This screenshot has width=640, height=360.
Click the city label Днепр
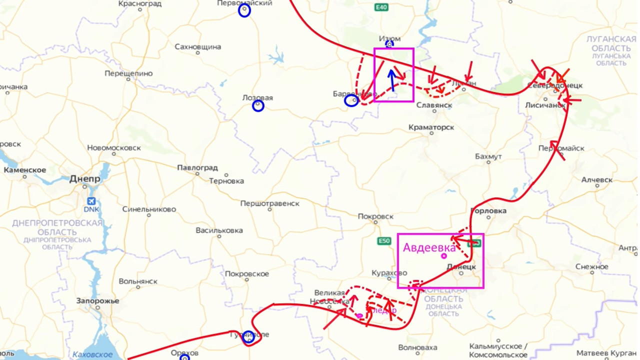[x=84, y=179]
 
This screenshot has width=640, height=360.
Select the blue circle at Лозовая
[x=258, y=105]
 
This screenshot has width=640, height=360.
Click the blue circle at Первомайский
[x=244, y=11]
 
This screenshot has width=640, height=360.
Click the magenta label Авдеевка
[x=429, y=247]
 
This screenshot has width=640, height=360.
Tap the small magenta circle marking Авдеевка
[x=444, y=256]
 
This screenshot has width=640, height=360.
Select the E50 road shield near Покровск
[x=383, y=241]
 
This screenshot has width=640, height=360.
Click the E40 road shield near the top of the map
[x=381, y=7]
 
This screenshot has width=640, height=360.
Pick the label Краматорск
[x=431, y=127]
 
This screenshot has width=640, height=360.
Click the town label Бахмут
[x=488, y=156]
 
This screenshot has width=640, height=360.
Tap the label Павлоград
[x=197, y=168]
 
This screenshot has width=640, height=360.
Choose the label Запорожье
[x=97, y=301]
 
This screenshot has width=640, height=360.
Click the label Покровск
[x=375, y=216]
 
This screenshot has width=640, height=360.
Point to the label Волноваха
[x=417, y=347]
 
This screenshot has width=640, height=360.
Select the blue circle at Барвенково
[x=351, y=101]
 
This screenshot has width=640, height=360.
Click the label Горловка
[x=489, y=211]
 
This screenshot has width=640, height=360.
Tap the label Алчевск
[x=597, y=180]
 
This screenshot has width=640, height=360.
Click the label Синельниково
[x=149, y=209]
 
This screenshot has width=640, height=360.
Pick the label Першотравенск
[x=270, y=203]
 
